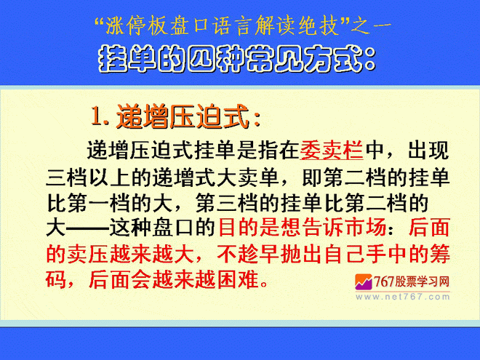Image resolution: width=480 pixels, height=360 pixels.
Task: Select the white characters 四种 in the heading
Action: pos(217,58)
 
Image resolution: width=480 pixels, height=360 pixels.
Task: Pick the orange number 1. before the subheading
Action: pos(100,116)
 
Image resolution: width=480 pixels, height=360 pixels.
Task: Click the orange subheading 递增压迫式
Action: pos(183,116)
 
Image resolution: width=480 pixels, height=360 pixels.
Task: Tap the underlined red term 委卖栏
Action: pos(332,151)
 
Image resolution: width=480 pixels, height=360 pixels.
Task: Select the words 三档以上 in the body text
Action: pos(88,177)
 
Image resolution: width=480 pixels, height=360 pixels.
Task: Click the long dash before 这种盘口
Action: pos(87,228)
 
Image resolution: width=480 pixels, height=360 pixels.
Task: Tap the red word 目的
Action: pos(239,228)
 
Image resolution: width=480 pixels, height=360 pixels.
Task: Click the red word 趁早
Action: pos(259,254)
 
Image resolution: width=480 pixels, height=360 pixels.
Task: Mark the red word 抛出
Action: pos(301,254)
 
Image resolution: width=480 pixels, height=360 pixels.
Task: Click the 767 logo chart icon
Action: pos(364,281)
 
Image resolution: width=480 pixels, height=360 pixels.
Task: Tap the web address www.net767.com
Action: pos(403,297)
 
